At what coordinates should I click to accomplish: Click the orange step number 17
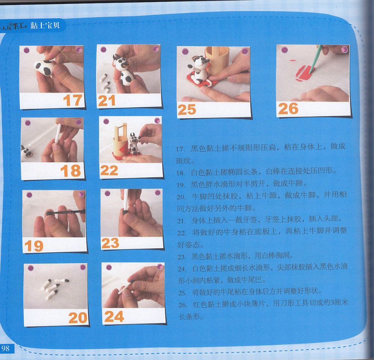[x=73, y=100]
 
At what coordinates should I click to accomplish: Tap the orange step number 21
[x=107, y=100]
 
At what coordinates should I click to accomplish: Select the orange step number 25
[x=187, y=110]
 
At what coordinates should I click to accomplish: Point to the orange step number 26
[x=288, y=108]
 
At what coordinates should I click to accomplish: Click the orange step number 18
[x=71, y=171]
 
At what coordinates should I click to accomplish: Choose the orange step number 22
[x=109, y=170]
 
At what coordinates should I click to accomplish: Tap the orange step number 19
[x=34, y=246]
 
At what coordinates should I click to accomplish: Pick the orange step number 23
[x=110, y=243]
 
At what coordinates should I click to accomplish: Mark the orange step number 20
[x=78, y=317]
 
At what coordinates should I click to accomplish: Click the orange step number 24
[x=114, y=316]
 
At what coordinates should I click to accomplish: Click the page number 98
[x=5, y=348]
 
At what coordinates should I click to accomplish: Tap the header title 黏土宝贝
[x=45, y=25]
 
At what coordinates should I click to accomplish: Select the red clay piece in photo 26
[x=304, y=73]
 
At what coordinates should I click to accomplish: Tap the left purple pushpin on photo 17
[x=27, y=50]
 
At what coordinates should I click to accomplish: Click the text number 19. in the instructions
[x=181, y=185]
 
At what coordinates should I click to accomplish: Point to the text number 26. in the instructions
[x=183, y=305]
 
